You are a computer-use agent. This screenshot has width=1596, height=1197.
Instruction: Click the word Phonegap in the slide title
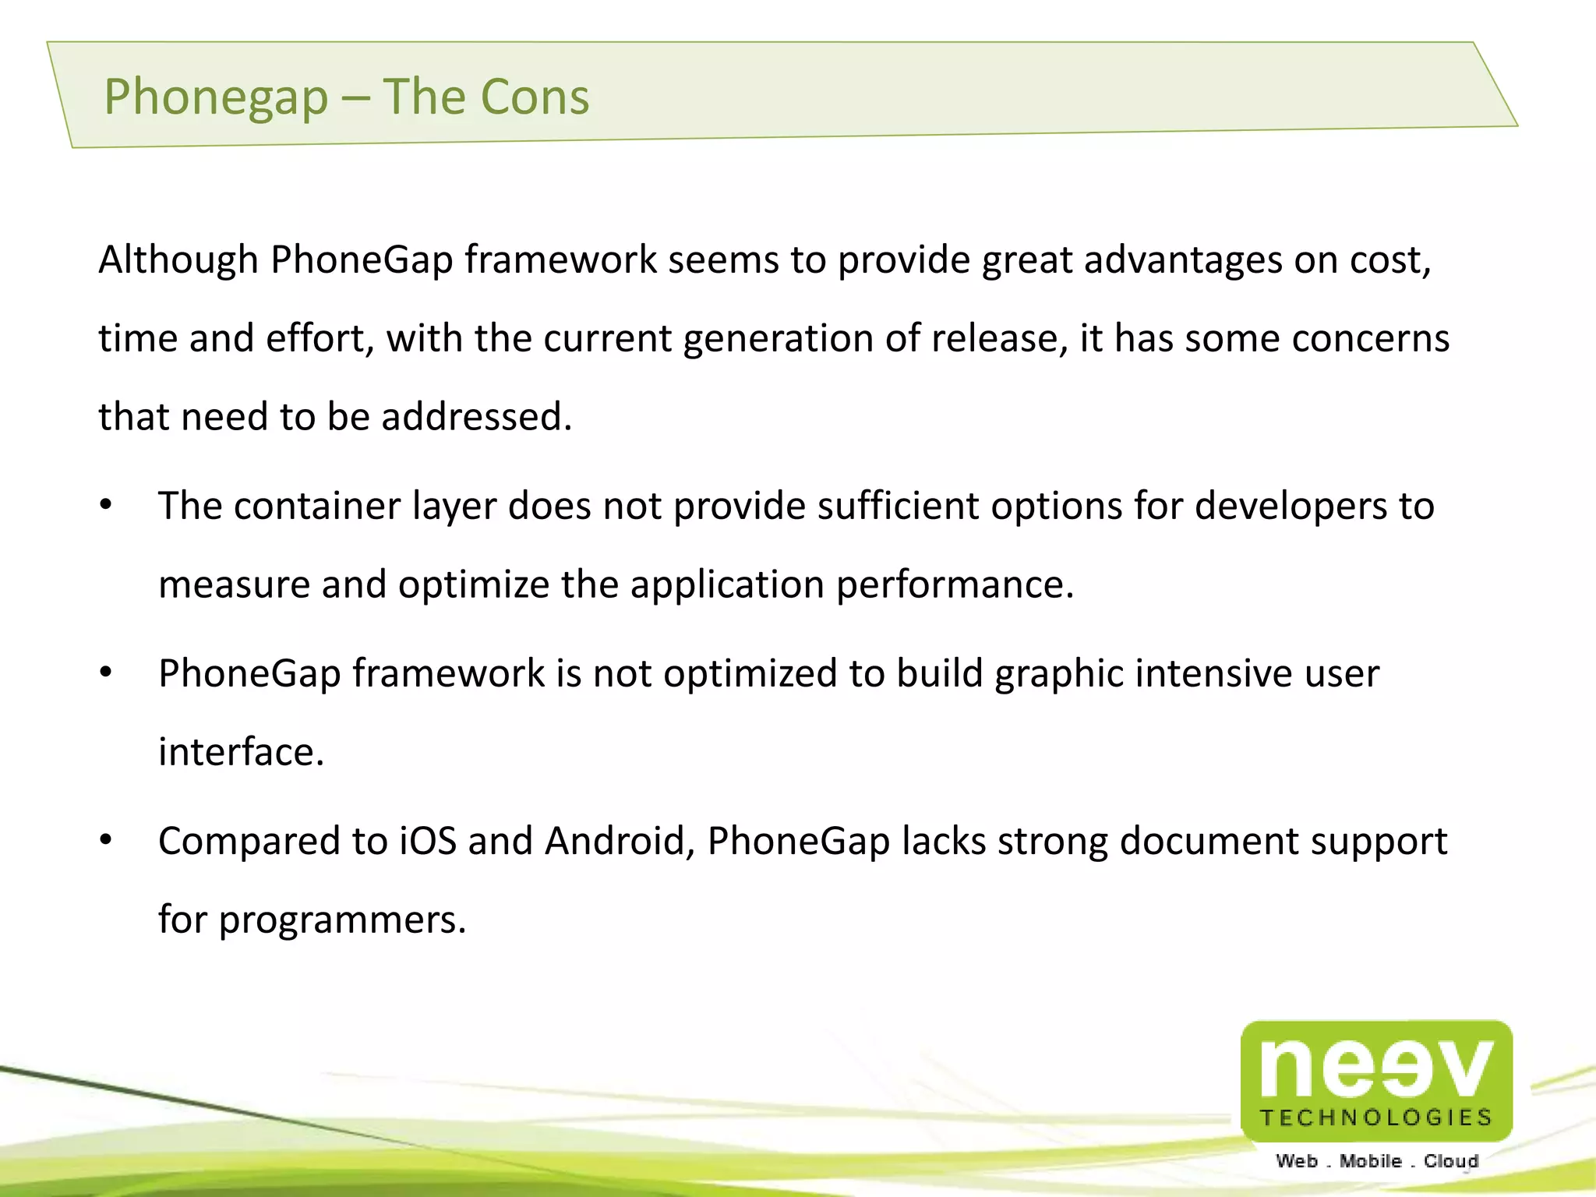click(216, 97)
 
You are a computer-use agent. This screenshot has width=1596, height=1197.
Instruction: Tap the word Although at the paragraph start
click(178, 260)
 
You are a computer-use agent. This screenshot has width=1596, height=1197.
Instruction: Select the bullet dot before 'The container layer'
click(106, 505)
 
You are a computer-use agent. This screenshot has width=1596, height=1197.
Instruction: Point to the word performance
click(955, 584)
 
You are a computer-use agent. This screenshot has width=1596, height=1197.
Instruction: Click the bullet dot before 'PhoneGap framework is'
click(106, 673)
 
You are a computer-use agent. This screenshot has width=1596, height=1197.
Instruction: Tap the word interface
click(241, 751)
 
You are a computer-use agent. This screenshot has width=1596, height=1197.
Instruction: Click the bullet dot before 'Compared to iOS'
click(106, 840)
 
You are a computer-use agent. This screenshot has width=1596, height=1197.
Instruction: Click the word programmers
click(342, 920)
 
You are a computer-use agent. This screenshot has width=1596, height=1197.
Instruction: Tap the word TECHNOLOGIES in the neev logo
click(1375, 1118)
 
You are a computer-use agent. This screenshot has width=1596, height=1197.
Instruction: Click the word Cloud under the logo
click(1451, 1161)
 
